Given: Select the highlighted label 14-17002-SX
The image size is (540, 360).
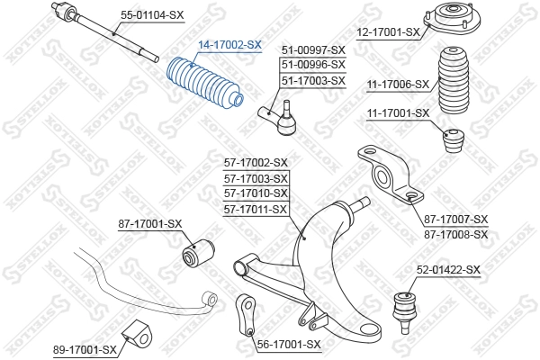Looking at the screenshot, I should coord(229,44).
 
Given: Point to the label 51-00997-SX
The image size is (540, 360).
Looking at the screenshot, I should coord(313,49).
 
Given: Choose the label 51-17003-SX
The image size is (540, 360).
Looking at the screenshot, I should coord(313,80).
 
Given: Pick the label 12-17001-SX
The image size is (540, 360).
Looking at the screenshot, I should coord(388,32).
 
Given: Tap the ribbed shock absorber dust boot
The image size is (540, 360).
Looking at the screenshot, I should coord(457,86).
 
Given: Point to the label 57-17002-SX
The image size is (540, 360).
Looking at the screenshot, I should coord(256,163).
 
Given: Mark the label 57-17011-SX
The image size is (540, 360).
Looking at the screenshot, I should coord(256,209).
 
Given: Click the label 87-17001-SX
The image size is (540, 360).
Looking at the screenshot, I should coord(149,223).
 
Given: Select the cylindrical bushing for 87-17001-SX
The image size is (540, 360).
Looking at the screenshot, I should coord(196,253).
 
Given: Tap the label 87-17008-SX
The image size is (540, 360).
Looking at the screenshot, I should coord(455,234).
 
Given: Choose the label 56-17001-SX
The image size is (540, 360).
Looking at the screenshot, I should coord(288,344).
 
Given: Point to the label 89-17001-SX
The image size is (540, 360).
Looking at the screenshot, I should coord(85,348).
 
